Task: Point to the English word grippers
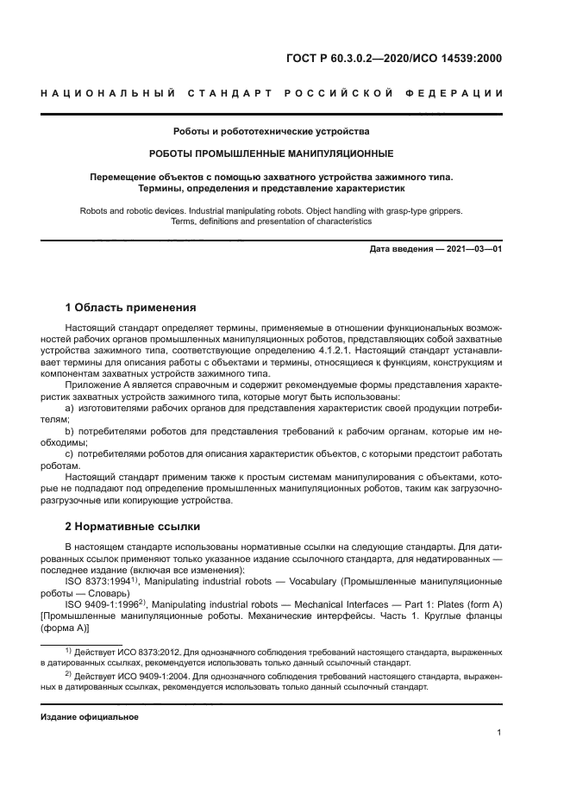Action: pyautogui.click(x=439, y=209)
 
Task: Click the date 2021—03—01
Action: pyautogui.click(x=473, y=249)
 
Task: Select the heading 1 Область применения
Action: pyautogui.click(x=131, y=307)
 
